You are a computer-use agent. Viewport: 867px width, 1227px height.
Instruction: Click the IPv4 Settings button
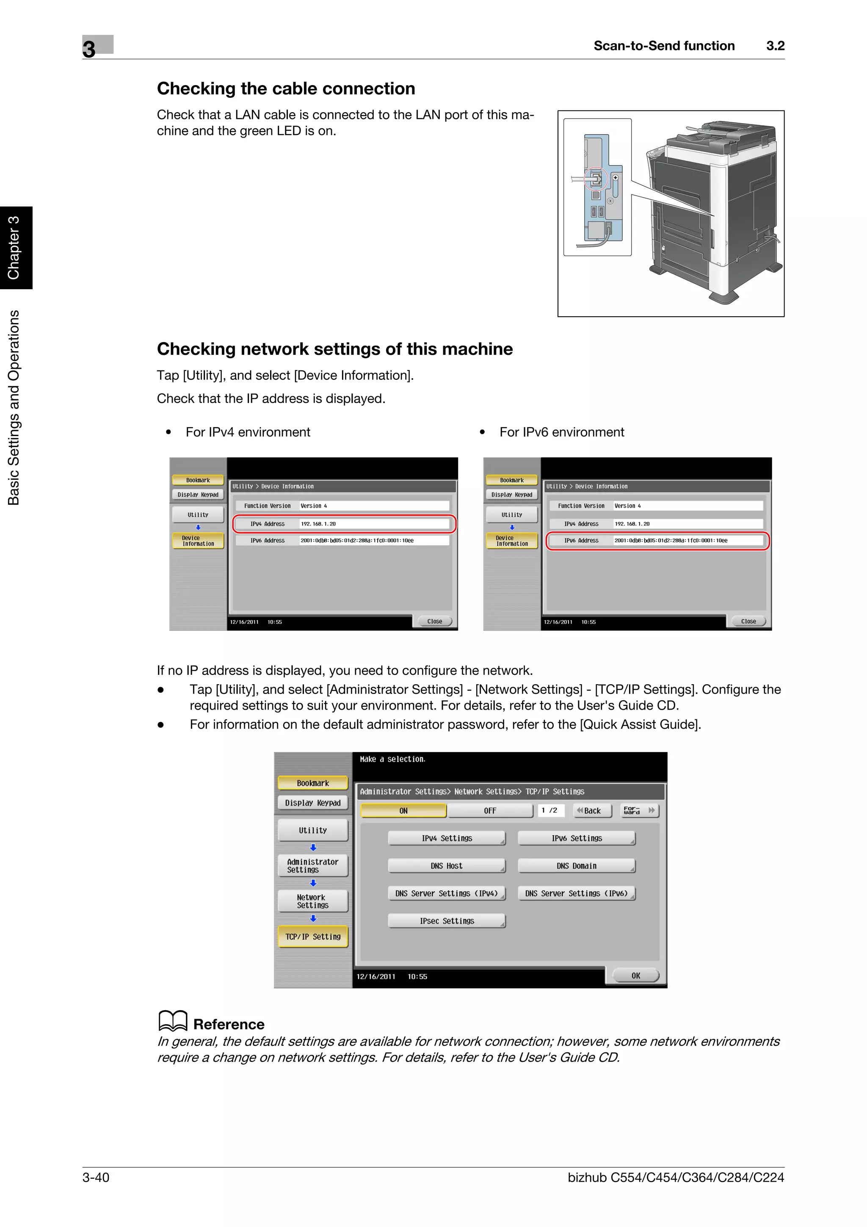(x=447, y=838)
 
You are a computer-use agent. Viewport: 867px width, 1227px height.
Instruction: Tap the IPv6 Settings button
(x=577, y=838)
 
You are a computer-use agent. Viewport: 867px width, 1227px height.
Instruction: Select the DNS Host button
(x=447, y=866)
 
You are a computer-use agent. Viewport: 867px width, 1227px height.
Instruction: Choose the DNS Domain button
(x=577, y=866)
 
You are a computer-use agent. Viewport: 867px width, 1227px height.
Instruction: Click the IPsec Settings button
(x=447, y=921)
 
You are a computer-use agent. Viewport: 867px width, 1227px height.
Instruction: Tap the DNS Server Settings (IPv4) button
(x=447, y=893)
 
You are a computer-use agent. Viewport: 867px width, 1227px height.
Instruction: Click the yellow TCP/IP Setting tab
(x=312, y=936)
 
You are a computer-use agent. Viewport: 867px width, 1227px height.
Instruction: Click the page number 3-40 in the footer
(x=96, y=1177)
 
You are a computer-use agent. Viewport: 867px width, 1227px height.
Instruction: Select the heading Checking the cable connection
(x=286, y=89)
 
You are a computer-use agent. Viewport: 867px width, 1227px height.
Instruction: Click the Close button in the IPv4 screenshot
(x=434, y=622)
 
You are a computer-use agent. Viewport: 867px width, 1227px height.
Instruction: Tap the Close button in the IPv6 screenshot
(x=748, y=622)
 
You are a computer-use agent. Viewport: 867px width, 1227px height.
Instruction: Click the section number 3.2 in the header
(x=775, y=46)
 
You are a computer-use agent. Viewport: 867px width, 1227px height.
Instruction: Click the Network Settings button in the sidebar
(x=312, y=901)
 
